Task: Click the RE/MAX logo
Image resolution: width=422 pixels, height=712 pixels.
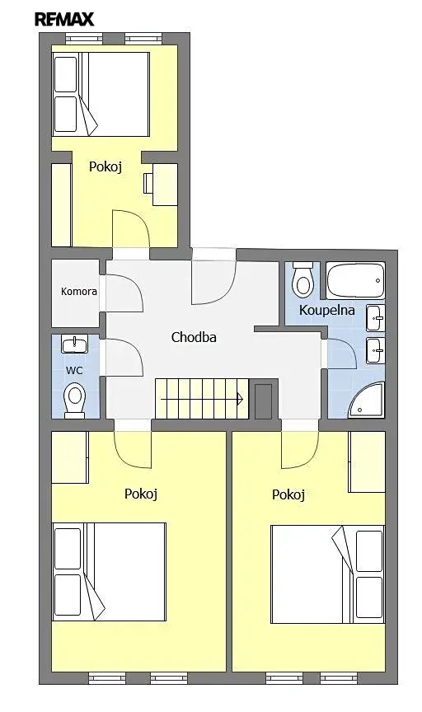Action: (64, 19)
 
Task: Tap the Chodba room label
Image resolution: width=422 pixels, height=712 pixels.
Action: (194, 337)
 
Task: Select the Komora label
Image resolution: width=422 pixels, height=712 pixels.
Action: (79, 291)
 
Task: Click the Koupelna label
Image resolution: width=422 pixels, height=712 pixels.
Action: (326, 310)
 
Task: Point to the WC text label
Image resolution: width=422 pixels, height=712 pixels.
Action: (74, 371)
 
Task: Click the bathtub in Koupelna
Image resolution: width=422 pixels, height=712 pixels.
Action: (355, 280)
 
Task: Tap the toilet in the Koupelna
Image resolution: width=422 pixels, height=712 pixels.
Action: (302, 278)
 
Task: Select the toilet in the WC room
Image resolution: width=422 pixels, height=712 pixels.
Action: (74, 400)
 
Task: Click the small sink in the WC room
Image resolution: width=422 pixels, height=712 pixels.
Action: (74, 344)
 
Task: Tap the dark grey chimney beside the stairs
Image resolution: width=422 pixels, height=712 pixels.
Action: (263, 401)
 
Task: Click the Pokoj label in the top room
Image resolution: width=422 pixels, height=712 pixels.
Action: (105, 166)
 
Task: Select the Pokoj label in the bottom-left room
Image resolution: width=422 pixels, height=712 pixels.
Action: (141, 494)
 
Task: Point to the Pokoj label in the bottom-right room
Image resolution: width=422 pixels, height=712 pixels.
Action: (288, 494)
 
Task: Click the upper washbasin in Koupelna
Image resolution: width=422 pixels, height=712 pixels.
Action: (376, 318)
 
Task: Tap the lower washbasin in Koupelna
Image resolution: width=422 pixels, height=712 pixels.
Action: (376, 350)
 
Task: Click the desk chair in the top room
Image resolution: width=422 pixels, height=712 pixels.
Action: (148, 183)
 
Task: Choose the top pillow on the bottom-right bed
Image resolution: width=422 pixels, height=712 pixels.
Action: (369, 550)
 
